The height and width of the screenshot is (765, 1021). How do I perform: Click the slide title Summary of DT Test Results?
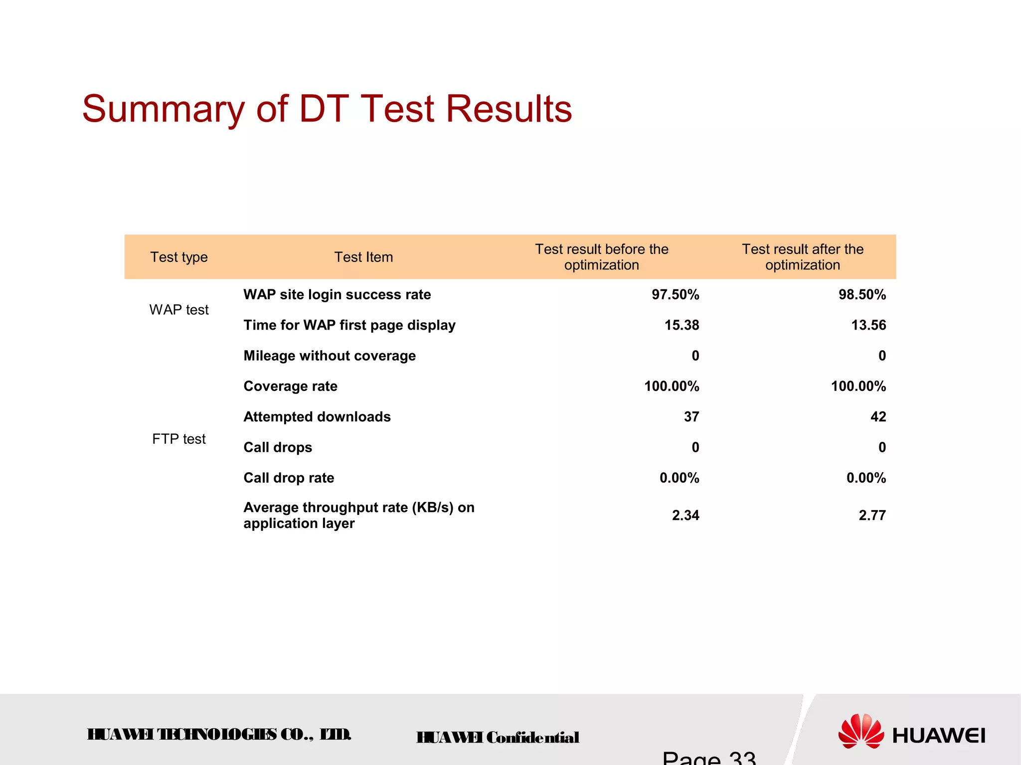pos(327,109)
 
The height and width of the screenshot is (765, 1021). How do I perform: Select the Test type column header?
pos(179,257)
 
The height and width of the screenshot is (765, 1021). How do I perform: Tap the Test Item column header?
pos(363,257)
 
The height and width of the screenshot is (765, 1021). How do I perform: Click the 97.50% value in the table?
pos(675,294)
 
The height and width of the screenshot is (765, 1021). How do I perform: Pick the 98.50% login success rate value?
pos(862,294)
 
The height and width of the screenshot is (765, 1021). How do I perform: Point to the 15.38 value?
pos(681,325)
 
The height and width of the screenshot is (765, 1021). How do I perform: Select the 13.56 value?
pos(868,325)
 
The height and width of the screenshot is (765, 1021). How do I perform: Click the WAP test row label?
pos(179,310)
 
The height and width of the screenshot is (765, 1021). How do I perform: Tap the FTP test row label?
pos(179,439)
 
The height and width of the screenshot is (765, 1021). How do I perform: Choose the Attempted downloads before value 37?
pos(691,416)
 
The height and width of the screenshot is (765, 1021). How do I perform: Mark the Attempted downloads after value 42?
pos(878,416)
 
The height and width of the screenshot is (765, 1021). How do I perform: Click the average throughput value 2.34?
pos(685,515)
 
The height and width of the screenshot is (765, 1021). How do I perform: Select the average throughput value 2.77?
pos(872,515)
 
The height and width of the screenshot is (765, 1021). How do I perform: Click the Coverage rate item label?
pos(290,386)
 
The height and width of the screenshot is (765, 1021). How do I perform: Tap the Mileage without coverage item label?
pos(330,356)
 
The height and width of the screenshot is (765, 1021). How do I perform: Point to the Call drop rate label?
pos(289,478)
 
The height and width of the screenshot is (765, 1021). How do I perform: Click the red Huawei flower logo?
pos(860,731)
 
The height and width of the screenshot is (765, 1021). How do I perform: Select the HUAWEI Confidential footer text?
pos(498,737)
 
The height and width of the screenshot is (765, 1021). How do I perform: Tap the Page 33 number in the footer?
pos(708,758)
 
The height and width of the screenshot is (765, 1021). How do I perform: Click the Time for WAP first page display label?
pos(349,325)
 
